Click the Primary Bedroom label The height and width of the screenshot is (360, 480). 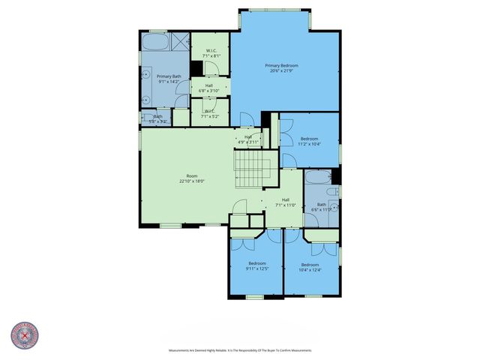(x=282, y=66)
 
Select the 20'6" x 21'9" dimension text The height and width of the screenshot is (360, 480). (x=282, y=71)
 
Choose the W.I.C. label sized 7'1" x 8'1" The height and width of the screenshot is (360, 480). (x=210, y=51)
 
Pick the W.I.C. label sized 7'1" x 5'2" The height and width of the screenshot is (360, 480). (x=209, y=112)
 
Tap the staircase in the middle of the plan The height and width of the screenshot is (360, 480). (x=252, y=171)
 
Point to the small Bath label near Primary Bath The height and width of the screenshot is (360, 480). (x=158, y=116)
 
